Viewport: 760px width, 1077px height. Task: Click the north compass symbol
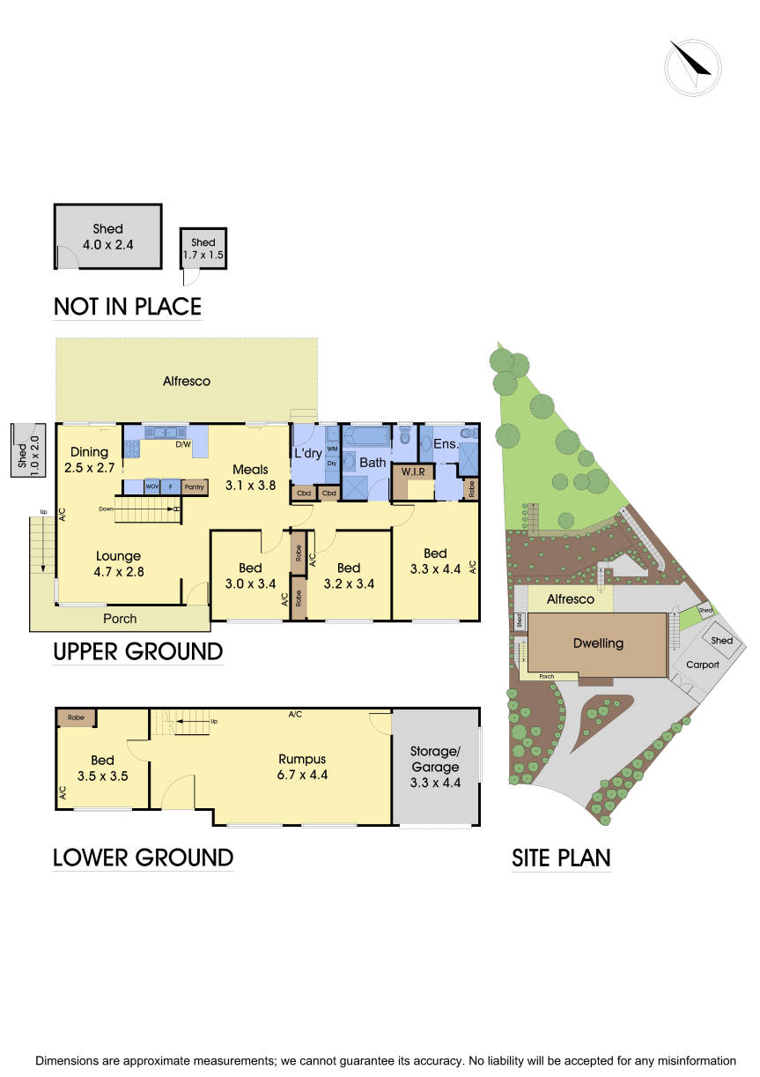click(693, 68)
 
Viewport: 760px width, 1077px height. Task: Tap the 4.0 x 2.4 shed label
click(108, 237)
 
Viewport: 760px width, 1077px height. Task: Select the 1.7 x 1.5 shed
click(203, 249)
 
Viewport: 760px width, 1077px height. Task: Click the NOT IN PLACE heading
click(128, 307)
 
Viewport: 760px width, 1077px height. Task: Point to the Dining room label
click(89, 460)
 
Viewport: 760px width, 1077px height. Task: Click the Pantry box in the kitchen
click(195, 487)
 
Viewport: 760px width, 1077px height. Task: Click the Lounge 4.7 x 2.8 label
click(119, 564)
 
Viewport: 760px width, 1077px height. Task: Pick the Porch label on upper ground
click(120, 619)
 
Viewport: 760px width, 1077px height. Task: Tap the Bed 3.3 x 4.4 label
click(435, 561)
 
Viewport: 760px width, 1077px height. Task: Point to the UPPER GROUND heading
click(138, 652)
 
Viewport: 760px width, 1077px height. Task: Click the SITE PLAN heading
click(561, 858)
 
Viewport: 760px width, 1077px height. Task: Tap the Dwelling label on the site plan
click(598, 643)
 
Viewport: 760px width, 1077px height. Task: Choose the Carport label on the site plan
click(703, 665)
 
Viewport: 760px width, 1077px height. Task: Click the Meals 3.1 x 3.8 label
click(249, 477)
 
